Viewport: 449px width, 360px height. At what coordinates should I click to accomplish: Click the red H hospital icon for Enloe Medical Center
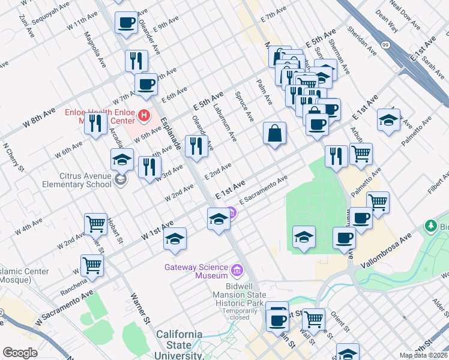click(x=143, y=114)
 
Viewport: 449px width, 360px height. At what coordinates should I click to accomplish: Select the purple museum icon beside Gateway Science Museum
click(x=237, y=271)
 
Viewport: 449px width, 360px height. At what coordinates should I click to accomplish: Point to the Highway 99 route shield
click(x=384, y=45)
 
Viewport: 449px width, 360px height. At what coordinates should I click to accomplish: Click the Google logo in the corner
click(x=20, y=353)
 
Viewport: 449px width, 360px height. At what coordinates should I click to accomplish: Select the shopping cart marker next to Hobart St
click(x=95, y=223)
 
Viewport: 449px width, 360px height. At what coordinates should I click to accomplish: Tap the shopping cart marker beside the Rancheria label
click(x=92, y=264)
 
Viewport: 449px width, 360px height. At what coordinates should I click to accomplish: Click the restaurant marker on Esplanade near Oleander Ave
click(x=196, y=146)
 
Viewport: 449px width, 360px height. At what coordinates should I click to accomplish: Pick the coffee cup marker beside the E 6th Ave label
click(x=145, y=84)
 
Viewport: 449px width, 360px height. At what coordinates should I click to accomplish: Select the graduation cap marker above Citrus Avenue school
click(x=122, y=160)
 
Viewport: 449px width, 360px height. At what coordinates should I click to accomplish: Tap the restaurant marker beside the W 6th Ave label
click(x=95, y=123)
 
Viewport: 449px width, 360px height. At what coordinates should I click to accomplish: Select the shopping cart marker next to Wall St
click(x=313, y=318)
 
